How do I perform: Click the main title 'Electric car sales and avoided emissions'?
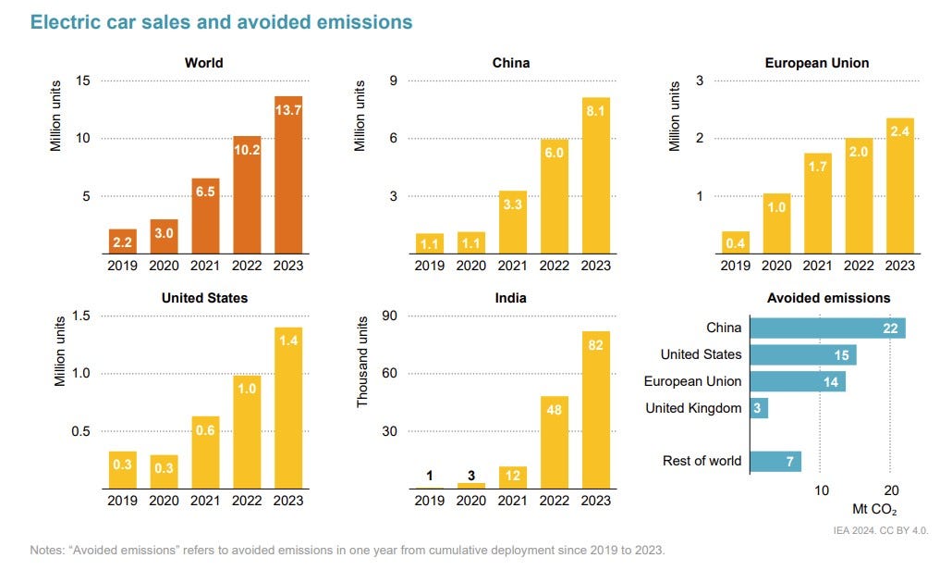[221, 22]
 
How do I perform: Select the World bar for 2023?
[288, 175]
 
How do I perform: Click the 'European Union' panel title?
[816, 63]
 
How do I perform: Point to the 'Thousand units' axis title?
[362, 361]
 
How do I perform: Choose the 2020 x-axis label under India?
[470, 501]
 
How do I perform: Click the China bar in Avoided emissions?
[827, 328]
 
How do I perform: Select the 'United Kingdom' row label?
[693, 408]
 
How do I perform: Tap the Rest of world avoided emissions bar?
[775, 461]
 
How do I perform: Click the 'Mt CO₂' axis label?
[874, 509]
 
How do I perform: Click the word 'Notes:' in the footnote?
[49, 549]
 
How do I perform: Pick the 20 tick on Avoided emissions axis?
[889, 490]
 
